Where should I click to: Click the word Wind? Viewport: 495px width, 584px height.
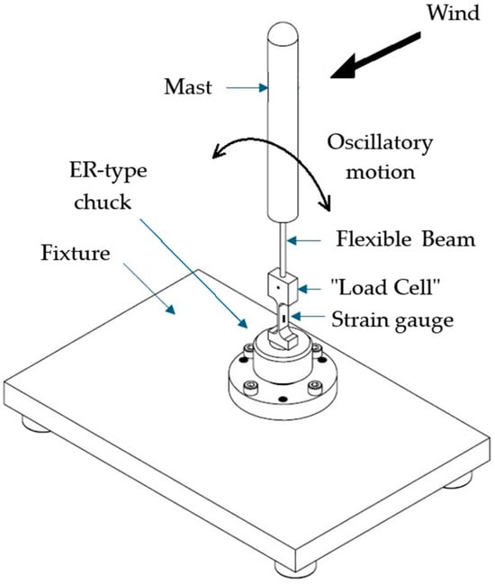point(453,13)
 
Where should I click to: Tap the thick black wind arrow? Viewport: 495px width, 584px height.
point(375,56)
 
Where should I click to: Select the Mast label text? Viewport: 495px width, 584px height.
point(188,87)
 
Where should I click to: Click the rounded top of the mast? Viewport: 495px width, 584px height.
point(283,31)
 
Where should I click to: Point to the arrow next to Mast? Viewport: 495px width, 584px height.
point(247,88)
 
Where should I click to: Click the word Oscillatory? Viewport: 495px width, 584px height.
point(380,143)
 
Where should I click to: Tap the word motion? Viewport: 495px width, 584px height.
point(381,173)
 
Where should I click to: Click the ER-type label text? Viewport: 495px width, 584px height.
point(108,171)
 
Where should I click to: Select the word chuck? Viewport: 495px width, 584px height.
point(103,202)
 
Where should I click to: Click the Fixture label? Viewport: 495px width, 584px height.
point(76,253)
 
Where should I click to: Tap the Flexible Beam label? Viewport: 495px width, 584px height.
point(406,238)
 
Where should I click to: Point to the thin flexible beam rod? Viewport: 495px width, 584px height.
point(283,248)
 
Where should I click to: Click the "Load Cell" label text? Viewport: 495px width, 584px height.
point(385,287)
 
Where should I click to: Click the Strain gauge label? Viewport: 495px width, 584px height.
point(392,320)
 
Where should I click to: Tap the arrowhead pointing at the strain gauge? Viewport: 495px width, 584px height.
point(296,316)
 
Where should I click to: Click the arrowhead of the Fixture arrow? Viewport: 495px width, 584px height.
point(170,309)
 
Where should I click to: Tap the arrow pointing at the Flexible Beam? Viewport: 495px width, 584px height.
point(303,240)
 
